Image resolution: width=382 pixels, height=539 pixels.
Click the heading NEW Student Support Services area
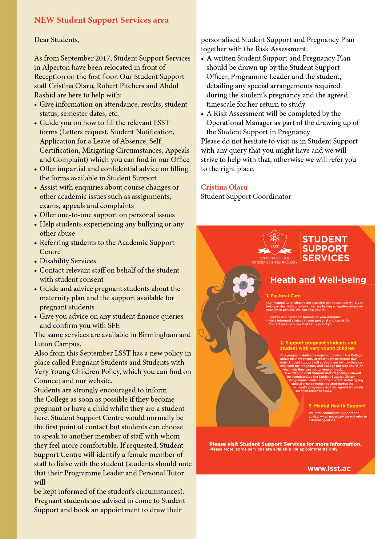click(x=101, y=20)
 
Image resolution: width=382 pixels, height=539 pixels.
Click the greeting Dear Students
click(x=57, y=40)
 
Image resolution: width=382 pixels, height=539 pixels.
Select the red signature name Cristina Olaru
click(x=224, y=187)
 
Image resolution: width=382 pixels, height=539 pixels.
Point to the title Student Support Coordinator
click(x=246, y=197)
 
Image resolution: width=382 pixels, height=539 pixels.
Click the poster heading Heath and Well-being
click(x=318, y=280)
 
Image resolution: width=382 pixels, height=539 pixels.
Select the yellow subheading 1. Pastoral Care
click(x=283, y=296)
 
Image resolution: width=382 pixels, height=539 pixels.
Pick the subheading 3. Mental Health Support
click(x=336, y=406)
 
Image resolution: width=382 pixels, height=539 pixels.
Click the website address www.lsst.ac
click(x=329, y=469)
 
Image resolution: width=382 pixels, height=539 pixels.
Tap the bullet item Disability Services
click(x=68, y=261)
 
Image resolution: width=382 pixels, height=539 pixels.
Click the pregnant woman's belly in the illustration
click(x=268, y=387)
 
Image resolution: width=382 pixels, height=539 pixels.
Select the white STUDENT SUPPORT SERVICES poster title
click(x=325, y=249)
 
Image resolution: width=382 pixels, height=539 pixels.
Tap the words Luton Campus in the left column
click(x=58, y=344)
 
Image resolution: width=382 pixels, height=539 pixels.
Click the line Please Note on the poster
click(x=273, y=449)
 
